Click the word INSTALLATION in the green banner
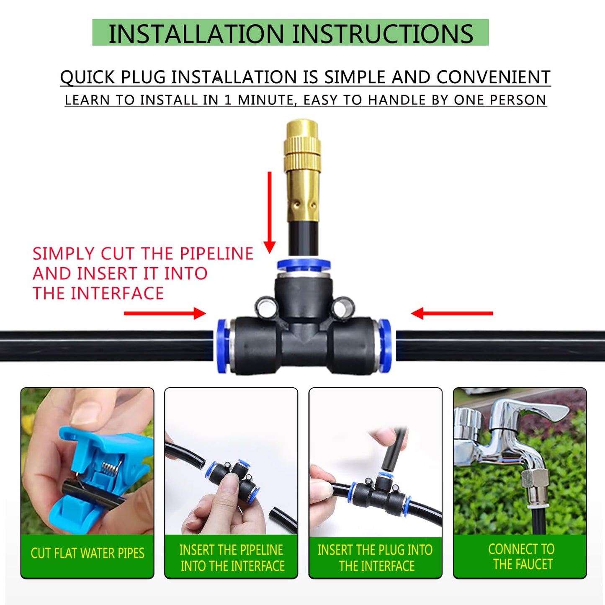coord(196,34)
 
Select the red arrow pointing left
coord(452,313)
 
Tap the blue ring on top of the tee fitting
coord(304,265)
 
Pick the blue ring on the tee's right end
coord(385,345)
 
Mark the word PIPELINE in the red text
coord(216,254)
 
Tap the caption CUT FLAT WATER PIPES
coord(87,553)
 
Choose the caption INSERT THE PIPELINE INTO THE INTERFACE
coord(232,558)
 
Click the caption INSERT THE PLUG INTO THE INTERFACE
coord(376,558)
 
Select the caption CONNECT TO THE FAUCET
coord(521,556)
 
